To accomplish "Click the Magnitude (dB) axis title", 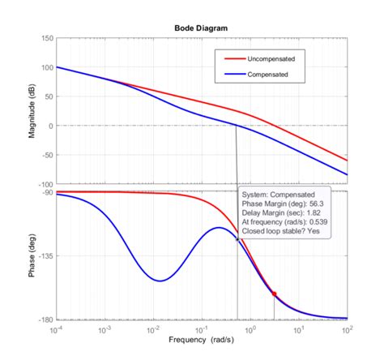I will coord(32,112).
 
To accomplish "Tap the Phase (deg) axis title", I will coord(32,255).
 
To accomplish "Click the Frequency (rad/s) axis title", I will coord(202,341).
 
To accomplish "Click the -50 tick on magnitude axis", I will coord(45,155).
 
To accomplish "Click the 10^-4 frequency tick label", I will coord(56,330).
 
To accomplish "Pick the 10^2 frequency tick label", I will coord(348,330).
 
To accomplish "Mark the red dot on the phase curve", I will coord(274,294).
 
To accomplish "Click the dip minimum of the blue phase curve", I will coord(160,281).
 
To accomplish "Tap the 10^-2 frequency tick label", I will coord(153,330).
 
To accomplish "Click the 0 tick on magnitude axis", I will coord(49,126).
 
